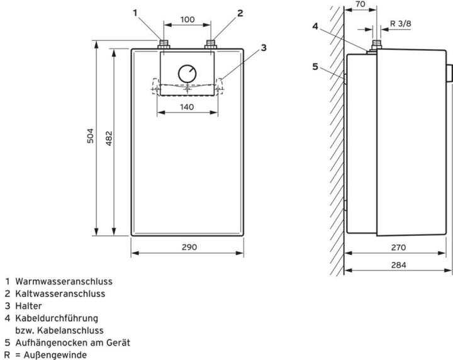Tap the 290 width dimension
point(188,247)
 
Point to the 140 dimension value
point(187,107)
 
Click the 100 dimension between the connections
point(187,20)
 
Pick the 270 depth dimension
point(398,247)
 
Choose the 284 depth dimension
point(398,265)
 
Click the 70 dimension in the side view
point(360,4)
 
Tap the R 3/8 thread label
point(401,23)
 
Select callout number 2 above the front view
point(240,12)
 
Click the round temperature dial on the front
point(187,73)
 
